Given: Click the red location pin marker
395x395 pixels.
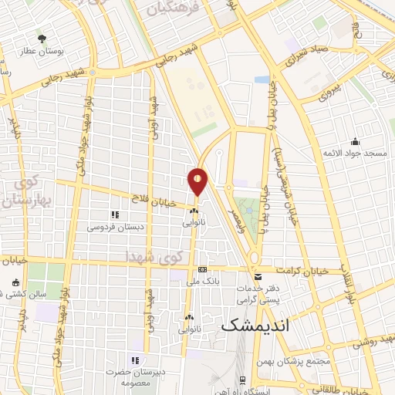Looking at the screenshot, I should pyautogui.click(x=198, y=181).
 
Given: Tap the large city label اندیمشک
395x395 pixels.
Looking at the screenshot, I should pyautogui.click(x=254, y=326).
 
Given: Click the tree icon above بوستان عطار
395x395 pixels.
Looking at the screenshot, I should pyautogui.click(x=42, y=37).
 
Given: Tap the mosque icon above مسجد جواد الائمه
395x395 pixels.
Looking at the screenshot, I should pyautogui.click(x=355, y=141).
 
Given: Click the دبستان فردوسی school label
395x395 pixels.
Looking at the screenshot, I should pyautogui.click(x=114, y=227).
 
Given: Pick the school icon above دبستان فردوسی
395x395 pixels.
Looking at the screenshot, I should pyautogui.click(x=115, y=215).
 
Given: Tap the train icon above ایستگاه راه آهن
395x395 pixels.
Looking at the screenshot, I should pyautogui.click(x=242, y=380).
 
